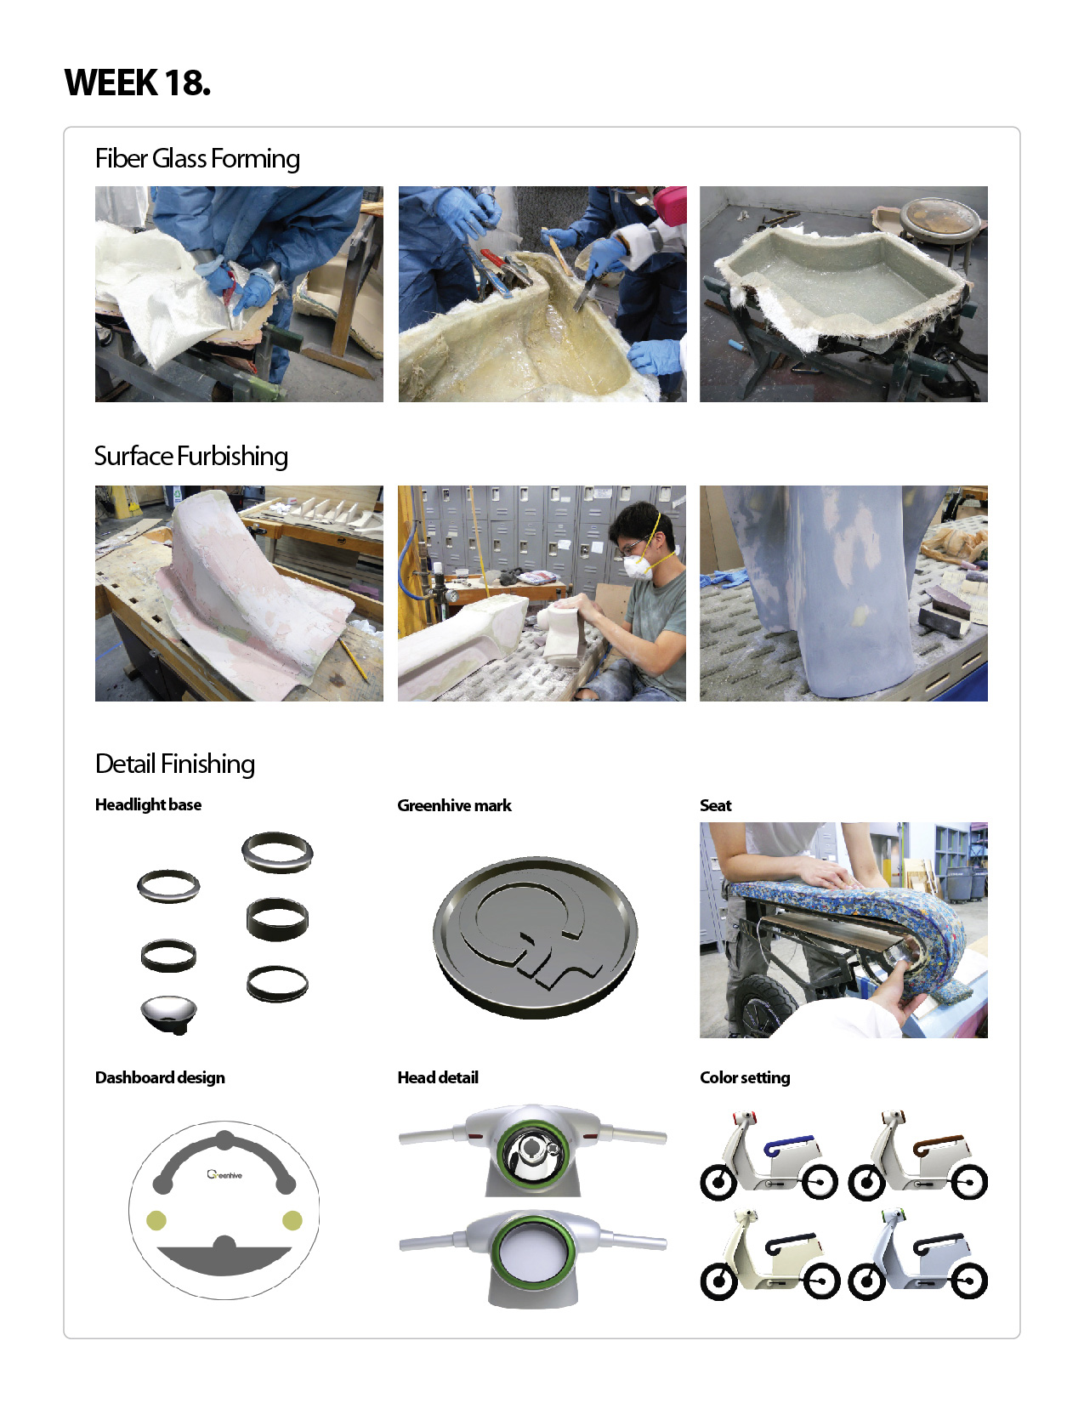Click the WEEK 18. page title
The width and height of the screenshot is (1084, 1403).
point(138,82)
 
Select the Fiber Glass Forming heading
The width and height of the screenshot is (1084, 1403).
point(197,159)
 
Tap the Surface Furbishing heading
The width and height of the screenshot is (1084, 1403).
point(191,456)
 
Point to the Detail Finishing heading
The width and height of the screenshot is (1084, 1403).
point(175,764)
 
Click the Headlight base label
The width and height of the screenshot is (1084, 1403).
point(148,804)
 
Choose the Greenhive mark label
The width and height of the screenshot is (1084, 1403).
point(454,805)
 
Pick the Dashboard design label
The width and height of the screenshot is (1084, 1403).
point(160,1077)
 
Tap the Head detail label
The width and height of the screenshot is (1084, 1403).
point(438,1077)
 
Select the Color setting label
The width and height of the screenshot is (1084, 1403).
point(745,1077)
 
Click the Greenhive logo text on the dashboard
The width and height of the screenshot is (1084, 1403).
point(224,1174)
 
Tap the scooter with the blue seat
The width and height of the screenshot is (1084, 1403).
point(769,1156)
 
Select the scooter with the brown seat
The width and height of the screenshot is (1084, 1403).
point(917,1156)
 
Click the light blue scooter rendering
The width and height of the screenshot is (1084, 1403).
point(917,1254)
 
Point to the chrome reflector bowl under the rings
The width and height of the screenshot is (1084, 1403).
point(168,1015)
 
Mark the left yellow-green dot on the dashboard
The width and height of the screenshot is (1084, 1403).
point(156,1220)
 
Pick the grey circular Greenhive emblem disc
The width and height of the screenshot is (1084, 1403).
point(536,938)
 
